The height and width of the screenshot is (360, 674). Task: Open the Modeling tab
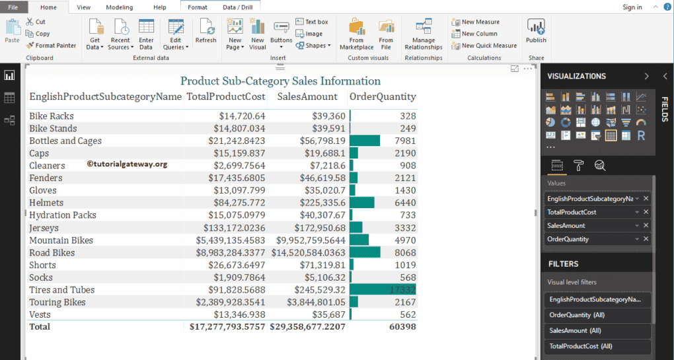(x=119, y=7)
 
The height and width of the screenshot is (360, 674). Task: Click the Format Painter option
(x=52, y=46)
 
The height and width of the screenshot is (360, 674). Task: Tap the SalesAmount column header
(x=307, y=96)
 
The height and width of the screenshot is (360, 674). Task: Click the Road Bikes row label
(x=52, y=252)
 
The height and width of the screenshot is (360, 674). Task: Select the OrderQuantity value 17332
(x=402, y=290)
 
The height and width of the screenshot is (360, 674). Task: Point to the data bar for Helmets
(x=362, y=203)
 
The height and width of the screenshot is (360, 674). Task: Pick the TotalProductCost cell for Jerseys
(x=227, y=228)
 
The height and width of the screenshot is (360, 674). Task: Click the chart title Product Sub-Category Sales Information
(x=280, y=81)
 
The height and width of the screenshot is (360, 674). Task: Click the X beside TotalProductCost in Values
(x=646, y=212)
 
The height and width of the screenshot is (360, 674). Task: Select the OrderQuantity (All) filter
(x=576, y=315)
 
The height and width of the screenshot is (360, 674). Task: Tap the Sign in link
(x=632, y=7)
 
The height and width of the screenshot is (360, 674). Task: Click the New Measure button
(x=480, y=22)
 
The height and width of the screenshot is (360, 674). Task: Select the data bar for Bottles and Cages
(x=365, y=141)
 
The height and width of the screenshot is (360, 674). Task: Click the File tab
(x=13, y=7)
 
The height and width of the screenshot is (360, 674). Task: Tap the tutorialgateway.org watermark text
(x=127, y=164)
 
